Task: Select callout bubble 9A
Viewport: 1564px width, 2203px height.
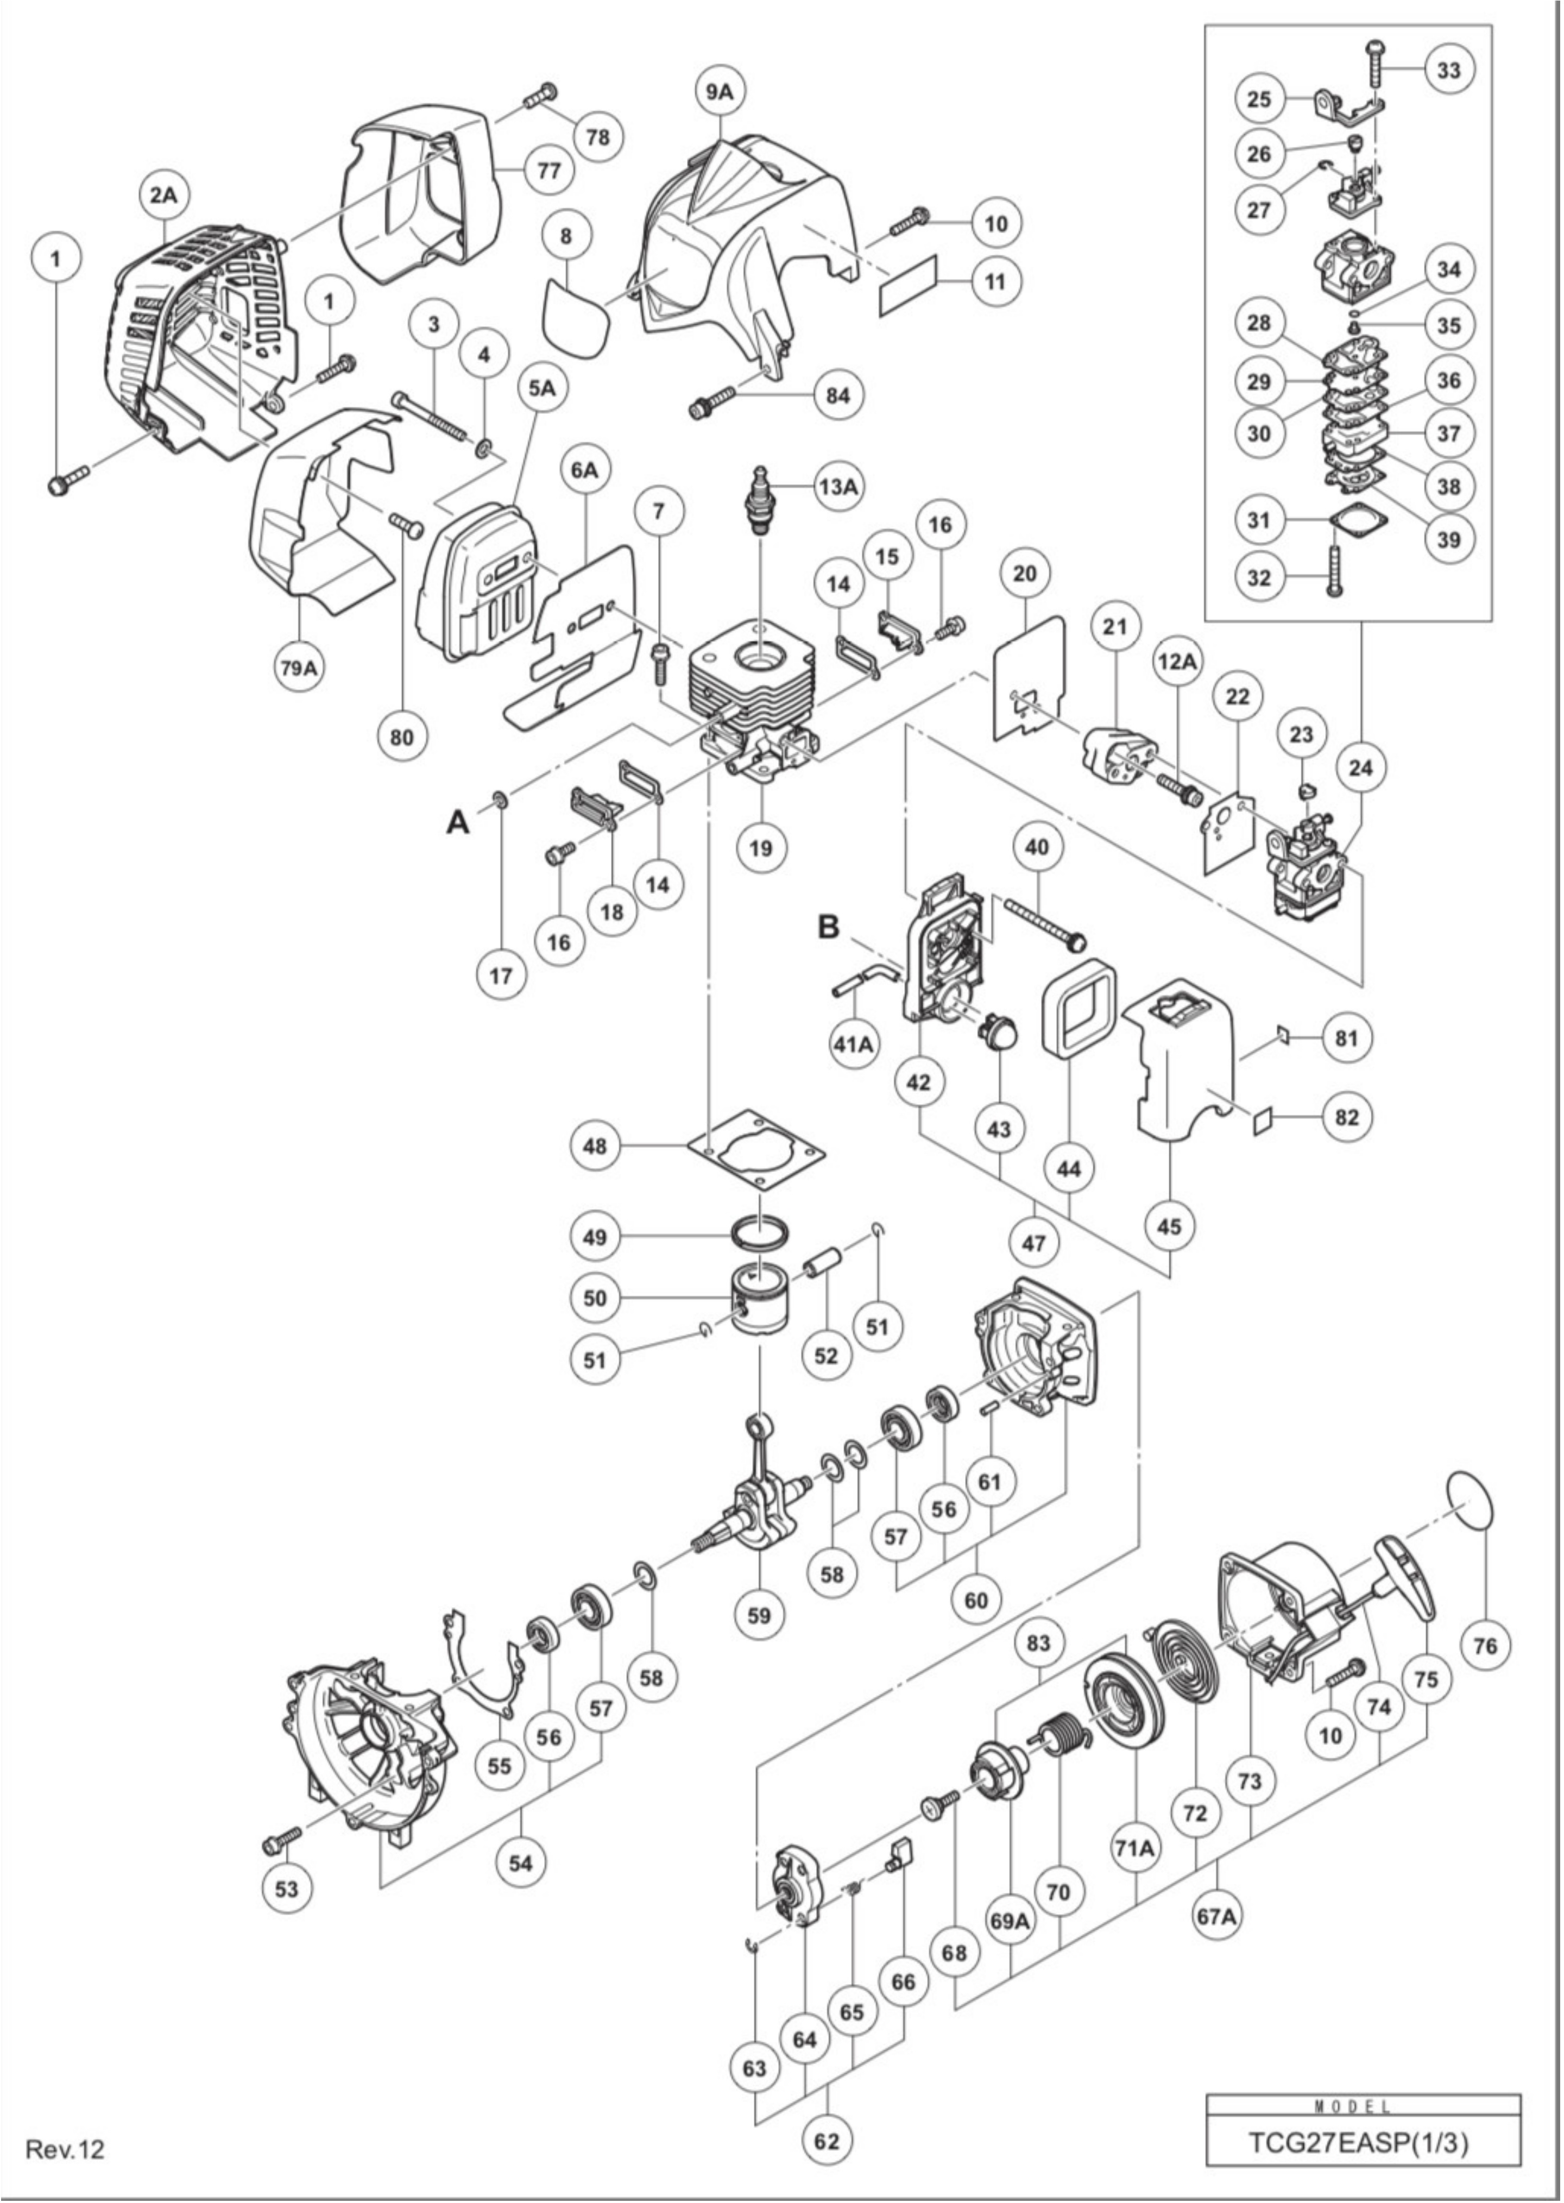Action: tap(720, 91)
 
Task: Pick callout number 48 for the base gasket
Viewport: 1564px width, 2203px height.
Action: tap(595, 1146)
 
